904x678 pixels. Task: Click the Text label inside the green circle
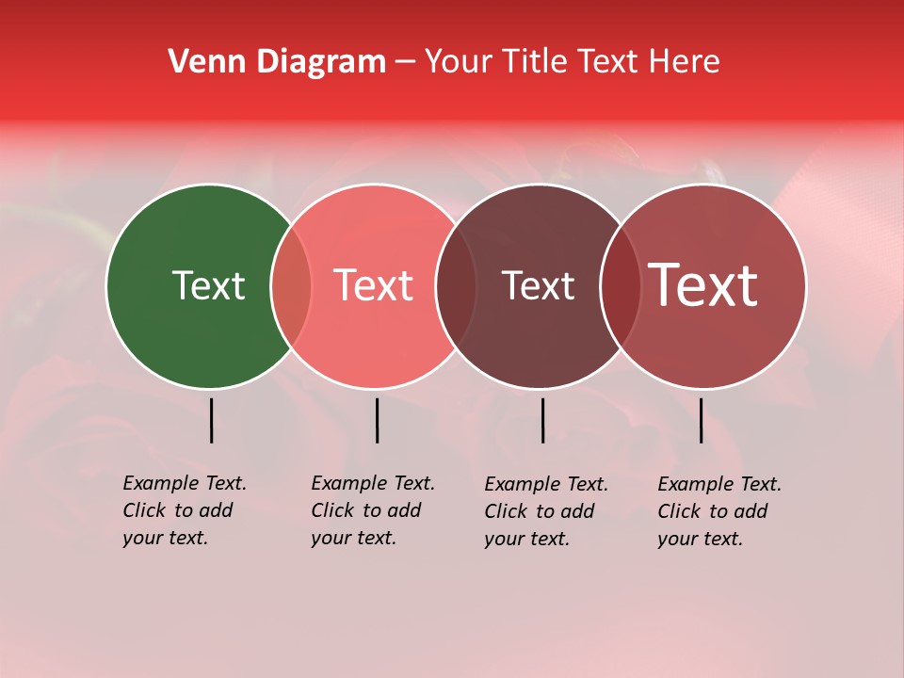(208, 285)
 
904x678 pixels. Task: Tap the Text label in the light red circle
(374, 285)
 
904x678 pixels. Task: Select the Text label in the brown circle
(538, 285)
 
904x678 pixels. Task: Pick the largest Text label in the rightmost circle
(703, 285)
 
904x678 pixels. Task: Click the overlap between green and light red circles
(291, 286)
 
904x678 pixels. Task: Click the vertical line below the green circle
(211, 420)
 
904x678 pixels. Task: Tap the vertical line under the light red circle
(377, 420)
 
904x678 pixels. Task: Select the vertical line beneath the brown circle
(542, 420)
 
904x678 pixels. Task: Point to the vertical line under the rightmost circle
(701, 420)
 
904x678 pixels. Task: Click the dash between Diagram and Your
(405, 63)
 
